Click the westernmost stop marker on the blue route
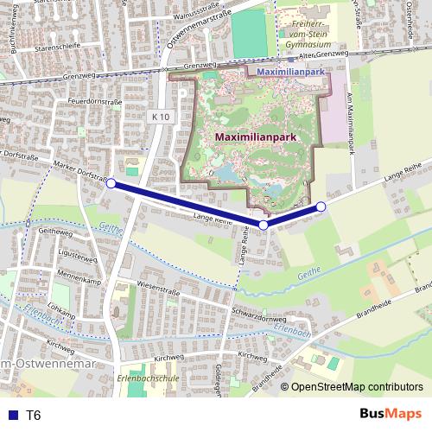click(111, 183)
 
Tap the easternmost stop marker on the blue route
click(321, 206)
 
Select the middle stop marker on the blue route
click(264, 225)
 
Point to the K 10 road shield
click(158, 117)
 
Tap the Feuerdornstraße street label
click(89, 102)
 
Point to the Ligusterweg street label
click(57, 257)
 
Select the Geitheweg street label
click(54, 232)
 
